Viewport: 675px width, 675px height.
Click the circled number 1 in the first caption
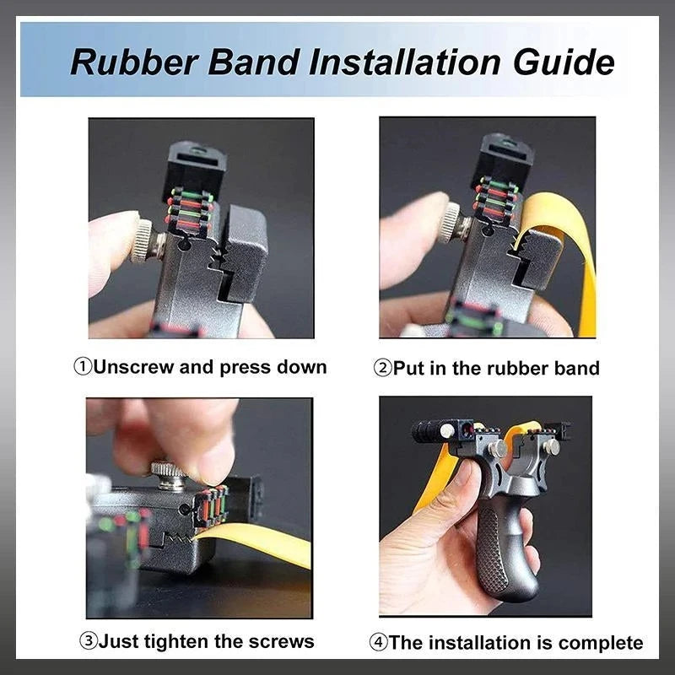[x=82, y=367]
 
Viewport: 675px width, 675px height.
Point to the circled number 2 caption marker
[x=381, y=368]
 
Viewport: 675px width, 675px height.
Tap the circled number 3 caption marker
[x=89, y=641]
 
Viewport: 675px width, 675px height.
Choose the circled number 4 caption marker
[x=379, y=643]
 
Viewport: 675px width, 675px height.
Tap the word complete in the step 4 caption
[x=601, y=643]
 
